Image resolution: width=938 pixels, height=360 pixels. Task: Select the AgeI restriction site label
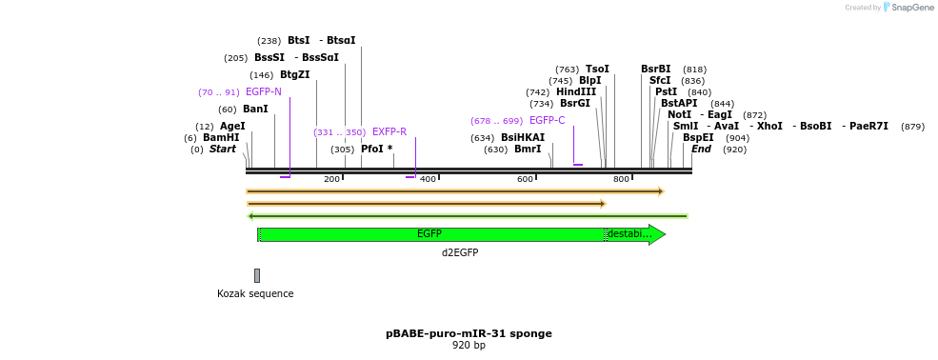pyautogui.click(x=232, y=126)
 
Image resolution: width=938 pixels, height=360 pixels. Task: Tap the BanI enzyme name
pyautogui.click(x=255, y=110)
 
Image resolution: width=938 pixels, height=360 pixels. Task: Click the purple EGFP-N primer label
pyautogui.click(x=264, y=92)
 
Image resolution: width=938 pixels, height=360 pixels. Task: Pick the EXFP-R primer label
pyautogui.click(x=389, y=132)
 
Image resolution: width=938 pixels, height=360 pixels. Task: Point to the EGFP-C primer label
pyautogui.click(x=547, y=121)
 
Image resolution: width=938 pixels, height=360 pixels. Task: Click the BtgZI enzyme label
pyautogui.click(x=294, y=75)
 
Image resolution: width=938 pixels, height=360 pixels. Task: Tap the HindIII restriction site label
pyautogui.click(x=576, y=92)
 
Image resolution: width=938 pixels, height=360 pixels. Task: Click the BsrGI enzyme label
pyautogui.click(x=575, y=104)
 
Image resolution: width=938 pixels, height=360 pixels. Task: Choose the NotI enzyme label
pyautogui.click(x=679, y=115)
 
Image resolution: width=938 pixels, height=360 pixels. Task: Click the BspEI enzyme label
pyautogui.click(x=698, y=138)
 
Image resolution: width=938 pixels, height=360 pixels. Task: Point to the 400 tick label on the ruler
pyautogui.click(x=429, y=179)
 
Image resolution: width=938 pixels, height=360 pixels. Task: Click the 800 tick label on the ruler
pyautogui.click(x=621, y=179)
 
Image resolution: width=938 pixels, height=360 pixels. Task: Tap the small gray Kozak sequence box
pyautogui.click(x=257, y=275)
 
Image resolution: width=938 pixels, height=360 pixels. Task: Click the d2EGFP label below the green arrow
pyautogui.click(x=460, y=253)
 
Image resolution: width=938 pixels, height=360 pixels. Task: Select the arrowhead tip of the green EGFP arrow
pyautogui.click(x=664, y=234)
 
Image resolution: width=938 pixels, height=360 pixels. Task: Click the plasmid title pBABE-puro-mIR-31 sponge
pyautogui.click(x=469, y=333)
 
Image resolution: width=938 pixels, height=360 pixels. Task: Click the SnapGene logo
pyautogui.click(x=906, y=8)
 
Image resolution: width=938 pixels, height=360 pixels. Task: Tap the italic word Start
pyautogui.click(x=223, y=150)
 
